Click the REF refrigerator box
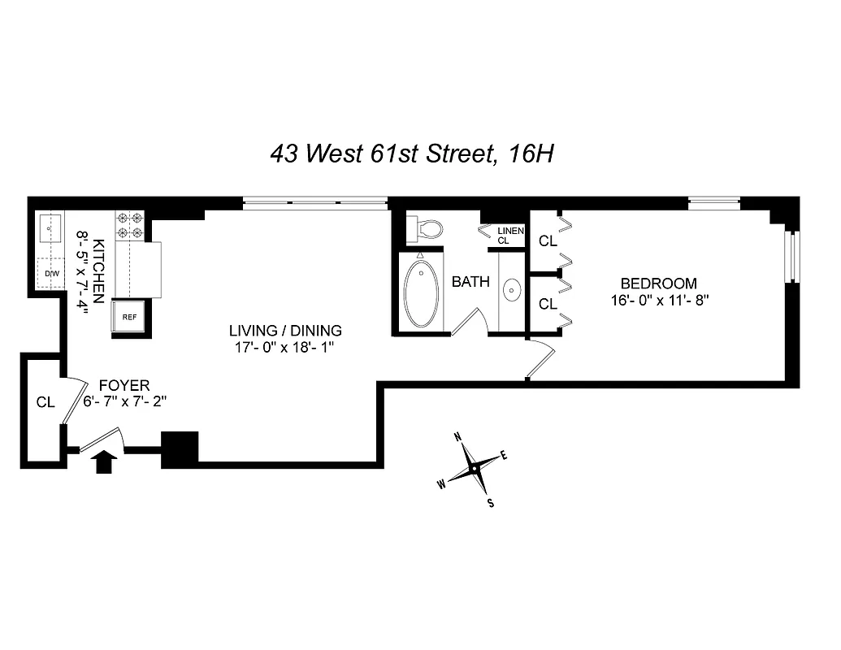(130, 317)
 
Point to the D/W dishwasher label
(52, 273)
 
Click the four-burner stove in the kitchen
(131, 224)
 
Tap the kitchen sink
(51, 228)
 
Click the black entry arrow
(105, 462)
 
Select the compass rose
(473, 470)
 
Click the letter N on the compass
(458, 438)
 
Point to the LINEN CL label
(510, 236)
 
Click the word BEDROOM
(658, 284)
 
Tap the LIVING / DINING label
(284, 331)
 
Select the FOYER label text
(124, 385)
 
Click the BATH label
(470, 282)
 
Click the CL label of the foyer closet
(46, 401)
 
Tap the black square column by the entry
(180, 449)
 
